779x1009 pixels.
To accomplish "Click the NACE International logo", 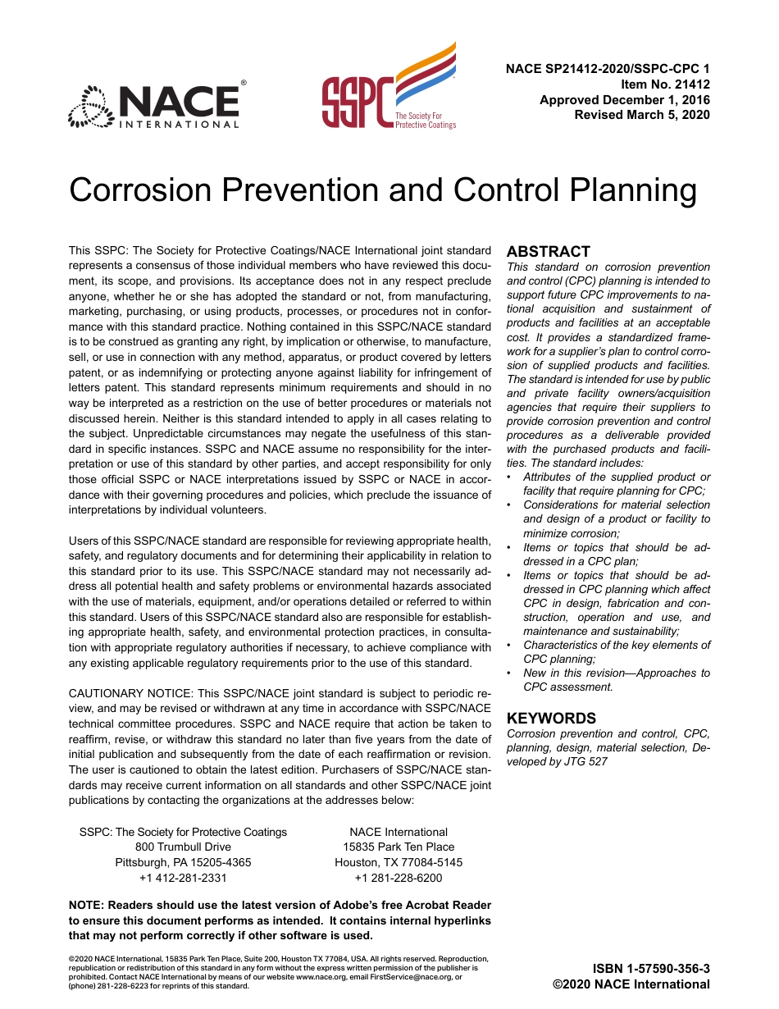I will click(x=155, y=105).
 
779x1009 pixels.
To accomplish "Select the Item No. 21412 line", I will click(x=665, y=84).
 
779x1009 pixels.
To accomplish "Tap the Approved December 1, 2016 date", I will click(x=624, y=100).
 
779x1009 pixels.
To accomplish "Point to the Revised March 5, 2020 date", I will click(x=642, y=115).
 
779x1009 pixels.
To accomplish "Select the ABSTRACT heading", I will click(x=549, y=252).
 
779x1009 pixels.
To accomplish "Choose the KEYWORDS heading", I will click(x=551, y=718).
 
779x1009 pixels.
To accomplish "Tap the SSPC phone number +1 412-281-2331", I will click(x=183, y=878).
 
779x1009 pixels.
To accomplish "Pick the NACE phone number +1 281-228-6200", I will click(x=398, y=878).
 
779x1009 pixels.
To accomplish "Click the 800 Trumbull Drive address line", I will click(x=183, y=847).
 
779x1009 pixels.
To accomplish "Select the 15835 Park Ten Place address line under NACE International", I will click(x=398, y=847).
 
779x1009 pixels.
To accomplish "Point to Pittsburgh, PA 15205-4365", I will click(x=183, y=862).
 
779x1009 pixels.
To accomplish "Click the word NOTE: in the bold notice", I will click(x=87, y=906).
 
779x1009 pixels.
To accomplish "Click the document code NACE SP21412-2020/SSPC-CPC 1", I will click(x=608, y=69).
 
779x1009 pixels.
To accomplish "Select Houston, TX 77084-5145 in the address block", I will click(x=398, y=862).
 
